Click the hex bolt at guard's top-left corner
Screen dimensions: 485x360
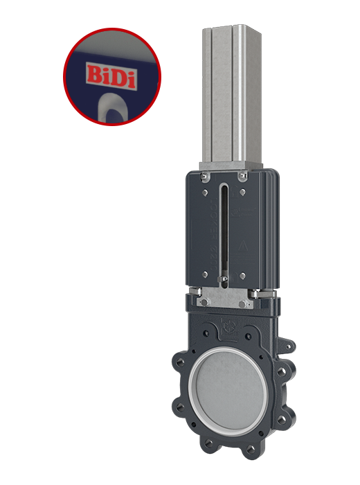(206, 178)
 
